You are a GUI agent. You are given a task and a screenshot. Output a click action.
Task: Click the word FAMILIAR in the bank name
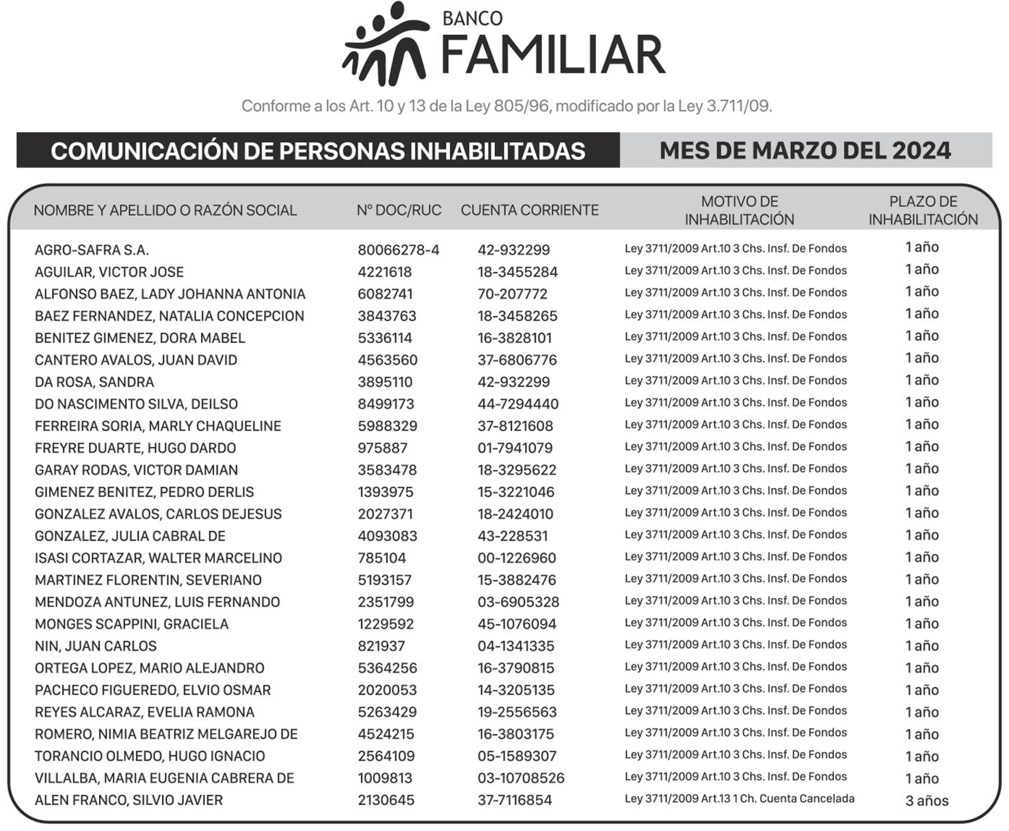553,55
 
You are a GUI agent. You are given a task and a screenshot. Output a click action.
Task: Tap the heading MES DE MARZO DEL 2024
805,150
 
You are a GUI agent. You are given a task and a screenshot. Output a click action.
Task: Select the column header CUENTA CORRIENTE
529,210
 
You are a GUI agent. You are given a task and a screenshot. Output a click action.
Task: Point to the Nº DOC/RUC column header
399,210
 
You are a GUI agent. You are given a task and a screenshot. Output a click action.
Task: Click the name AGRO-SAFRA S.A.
92,250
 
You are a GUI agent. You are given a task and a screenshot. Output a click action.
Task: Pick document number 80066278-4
398,250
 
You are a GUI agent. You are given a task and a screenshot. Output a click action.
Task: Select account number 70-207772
512,295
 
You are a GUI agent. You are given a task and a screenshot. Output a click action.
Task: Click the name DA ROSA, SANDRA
94,382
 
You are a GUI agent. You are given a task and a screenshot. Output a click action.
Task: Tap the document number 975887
382,448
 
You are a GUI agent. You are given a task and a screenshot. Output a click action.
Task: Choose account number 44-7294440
517,405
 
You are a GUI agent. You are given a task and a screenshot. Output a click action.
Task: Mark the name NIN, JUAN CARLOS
96,646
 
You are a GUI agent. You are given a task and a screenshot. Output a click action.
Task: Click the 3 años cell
926,801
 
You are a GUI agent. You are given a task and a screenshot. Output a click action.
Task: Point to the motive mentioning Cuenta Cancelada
739,799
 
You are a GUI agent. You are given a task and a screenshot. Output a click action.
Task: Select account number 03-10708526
521,778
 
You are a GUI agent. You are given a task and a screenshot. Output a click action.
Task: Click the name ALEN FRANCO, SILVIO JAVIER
129,800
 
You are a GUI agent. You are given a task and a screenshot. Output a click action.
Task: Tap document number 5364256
387,668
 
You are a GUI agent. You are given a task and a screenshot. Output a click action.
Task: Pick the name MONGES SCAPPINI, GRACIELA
131,625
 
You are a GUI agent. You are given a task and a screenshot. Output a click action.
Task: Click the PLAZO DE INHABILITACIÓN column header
923,210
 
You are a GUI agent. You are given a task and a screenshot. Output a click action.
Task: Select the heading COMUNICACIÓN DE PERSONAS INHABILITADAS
318,151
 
